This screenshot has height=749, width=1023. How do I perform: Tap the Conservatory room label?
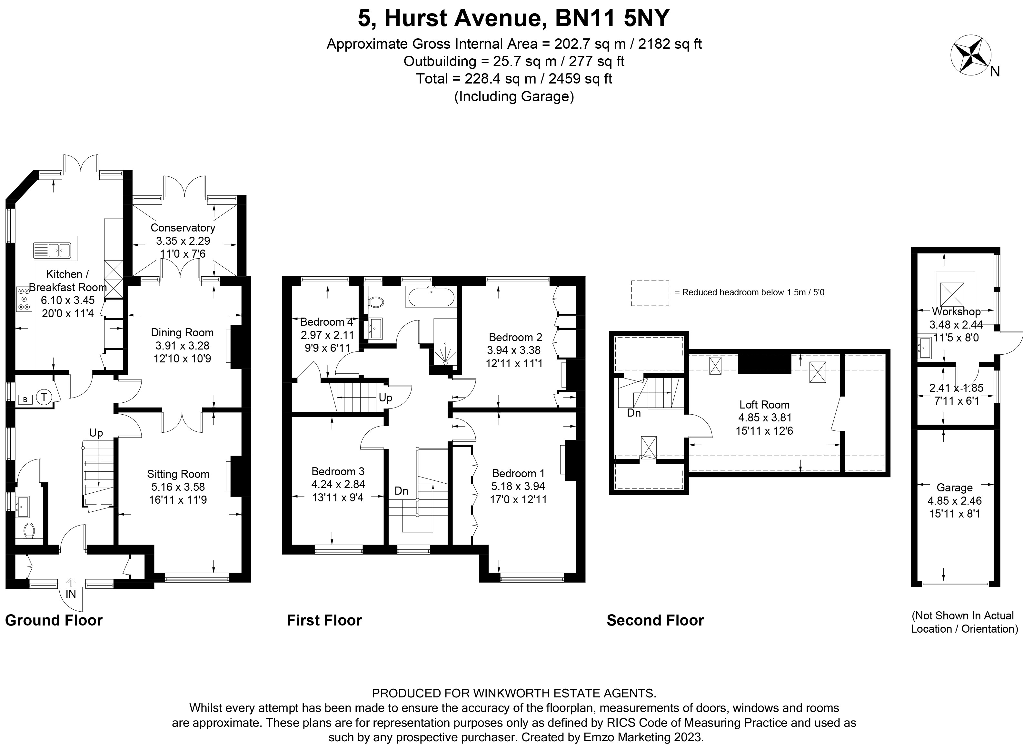pyautogui.click(x=183, y=228)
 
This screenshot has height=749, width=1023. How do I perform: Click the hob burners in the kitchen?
pyautogui.click(x=24, y=299)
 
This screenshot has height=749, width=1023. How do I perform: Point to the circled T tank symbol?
pyautogui.click(x=44, y=398)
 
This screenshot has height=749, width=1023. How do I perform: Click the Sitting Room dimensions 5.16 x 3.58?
pyautogui.click(x=178, y=487)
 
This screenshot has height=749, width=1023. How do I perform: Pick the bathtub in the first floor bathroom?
pyautogui.click(x=431, y=298)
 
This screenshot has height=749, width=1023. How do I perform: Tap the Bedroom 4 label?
pyautogui.click(x=326, y=322)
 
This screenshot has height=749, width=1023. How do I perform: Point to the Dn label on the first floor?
pyautogui.click(x=401, y=490)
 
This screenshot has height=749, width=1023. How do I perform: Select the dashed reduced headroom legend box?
pyautogui.click(x=650, y=293)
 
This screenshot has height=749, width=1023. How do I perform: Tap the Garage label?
pyautogui.click(x=955, y=488)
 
